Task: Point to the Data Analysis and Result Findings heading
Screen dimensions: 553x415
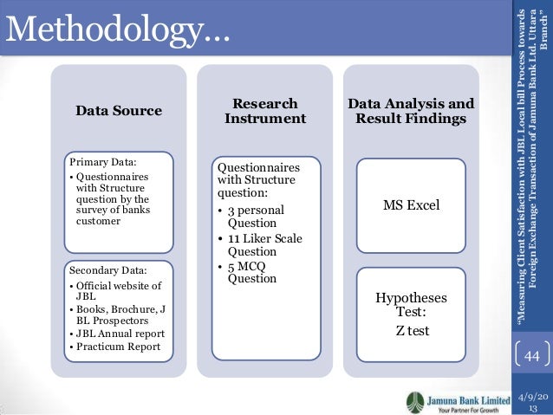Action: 410,111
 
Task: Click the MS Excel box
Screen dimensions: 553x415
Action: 411,205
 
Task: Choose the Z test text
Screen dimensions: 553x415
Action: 411,330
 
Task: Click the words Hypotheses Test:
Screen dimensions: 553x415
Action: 411,306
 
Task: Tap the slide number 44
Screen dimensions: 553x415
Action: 531,357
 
